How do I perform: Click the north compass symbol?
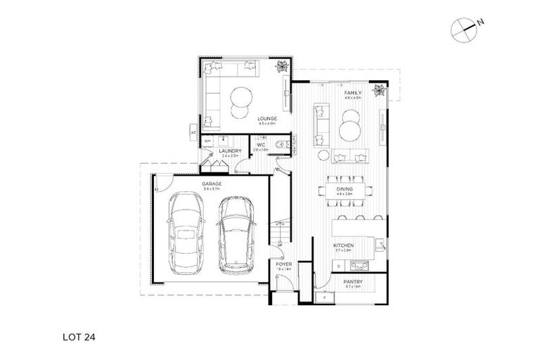click(x=464, y=27)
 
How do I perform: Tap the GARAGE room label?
click(x=212, y=184)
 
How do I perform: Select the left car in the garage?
click(x=186, y=235)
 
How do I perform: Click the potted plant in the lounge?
click(x=282, y=67)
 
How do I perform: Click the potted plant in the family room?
click(x=380, y=89)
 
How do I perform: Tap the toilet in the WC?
click(x=282, y=145)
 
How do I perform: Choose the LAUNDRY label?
click(x=231, y=151)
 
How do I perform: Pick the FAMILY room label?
click(x=352, y=94)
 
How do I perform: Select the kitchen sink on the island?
click(x=380, y=245)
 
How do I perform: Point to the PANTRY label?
click(x=352, y=283)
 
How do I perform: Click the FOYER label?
click(x=285, y=265)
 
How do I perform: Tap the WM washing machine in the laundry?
click(x=208, y=143)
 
